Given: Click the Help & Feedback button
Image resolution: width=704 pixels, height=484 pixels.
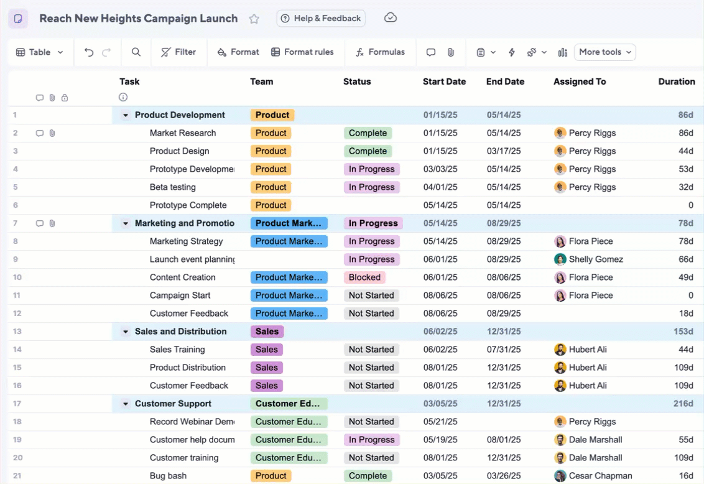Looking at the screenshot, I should click(x=321, y=19).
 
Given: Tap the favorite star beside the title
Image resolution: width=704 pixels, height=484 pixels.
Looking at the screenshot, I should click(x=254, y=19).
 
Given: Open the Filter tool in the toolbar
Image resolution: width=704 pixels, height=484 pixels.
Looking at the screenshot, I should click(x=178, y=52).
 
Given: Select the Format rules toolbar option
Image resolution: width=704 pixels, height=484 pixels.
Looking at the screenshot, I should click(x=302, y=52).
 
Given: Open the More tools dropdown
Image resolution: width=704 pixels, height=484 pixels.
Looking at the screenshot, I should click(x=604, y=52).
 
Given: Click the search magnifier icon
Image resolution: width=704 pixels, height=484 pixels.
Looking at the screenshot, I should click(x=136, y=52).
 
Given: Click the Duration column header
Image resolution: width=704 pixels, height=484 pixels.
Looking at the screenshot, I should click(x=676, y=81).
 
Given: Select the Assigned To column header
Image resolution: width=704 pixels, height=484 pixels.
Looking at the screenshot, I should click(x=579, y=81).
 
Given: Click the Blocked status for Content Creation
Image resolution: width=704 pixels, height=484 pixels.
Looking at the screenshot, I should click(x=364, y=277).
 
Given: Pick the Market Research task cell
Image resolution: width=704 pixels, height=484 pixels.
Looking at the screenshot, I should click(x=183, y=133).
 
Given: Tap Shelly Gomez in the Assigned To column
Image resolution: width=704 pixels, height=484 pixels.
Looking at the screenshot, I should click(x=595, y=259).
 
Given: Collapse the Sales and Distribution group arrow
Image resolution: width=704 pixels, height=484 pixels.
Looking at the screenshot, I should click(x=126, y=332).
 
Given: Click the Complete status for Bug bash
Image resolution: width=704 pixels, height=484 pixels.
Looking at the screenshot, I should click(x=368, y=476).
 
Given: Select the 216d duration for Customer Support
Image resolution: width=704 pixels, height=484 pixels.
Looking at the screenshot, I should click(x=683, y=404).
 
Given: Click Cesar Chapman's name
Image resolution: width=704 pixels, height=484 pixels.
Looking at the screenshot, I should click(x=595, y=476).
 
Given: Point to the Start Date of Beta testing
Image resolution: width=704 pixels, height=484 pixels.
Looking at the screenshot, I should click(x=440, y=187).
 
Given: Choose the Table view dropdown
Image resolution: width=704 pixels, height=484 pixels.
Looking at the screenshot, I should click(x=39, y=52).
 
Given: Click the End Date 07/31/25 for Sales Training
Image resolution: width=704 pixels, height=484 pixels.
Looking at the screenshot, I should click(x=503, y=350).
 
